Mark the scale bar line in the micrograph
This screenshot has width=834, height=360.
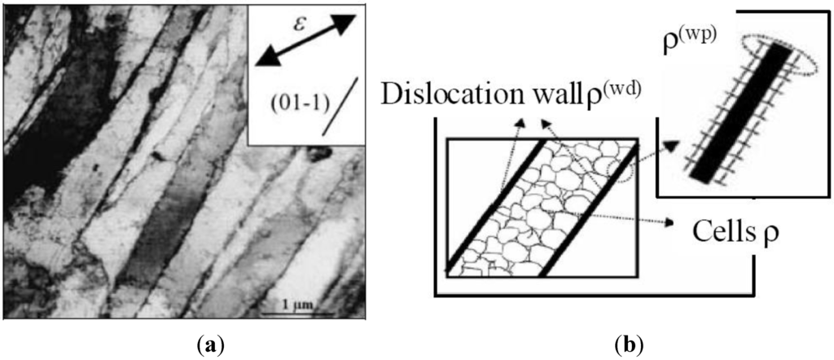tap(303, 313)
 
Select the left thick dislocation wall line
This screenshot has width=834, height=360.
tap(494, 208)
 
